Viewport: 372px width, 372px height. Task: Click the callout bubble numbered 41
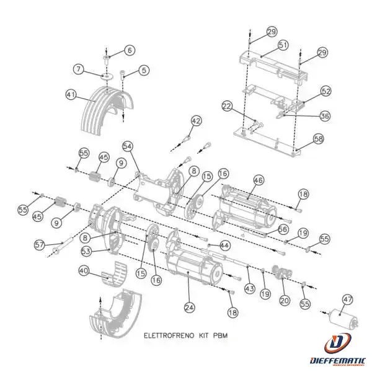click(71, 94)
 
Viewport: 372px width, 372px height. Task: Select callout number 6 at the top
click(129, 50)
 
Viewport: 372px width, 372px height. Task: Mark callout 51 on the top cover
click(283, 45)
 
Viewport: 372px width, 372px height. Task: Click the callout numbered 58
click(318, 139)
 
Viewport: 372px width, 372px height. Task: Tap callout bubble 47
click(348, 299)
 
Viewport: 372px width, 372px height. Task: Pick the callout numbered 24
click(188, 306)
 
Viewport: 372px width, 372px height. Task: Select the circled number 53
click(86, 250)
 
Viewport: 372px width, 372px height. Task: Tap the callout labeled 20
click(285, 300)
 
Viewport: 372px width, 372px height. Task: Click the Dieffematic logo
click(339, 351)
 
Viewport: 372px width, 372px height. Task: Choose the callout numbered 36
click(325, 116)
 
